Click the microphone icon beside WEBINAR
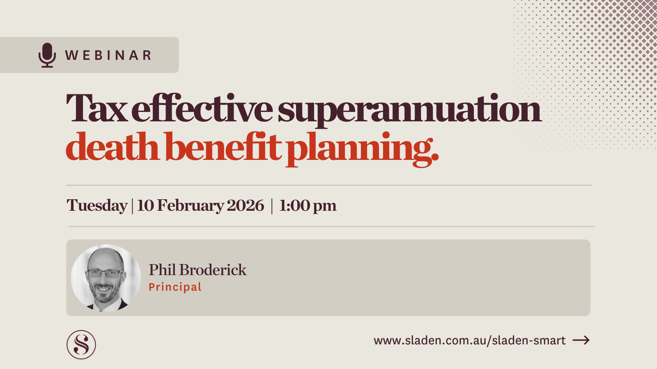47,55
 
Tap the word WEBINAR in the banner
108,55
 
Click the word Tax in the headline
96,109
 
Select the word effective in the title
202,109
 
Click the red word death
112,147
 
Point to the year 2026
245,205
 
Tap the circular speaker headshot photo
106,278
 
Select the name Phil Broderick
198,270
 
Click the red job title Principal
175,287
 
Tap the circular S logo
81,345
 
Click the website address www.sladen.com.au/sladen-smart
469,340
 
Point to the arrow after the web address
581,340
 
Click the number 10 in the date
145,205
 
